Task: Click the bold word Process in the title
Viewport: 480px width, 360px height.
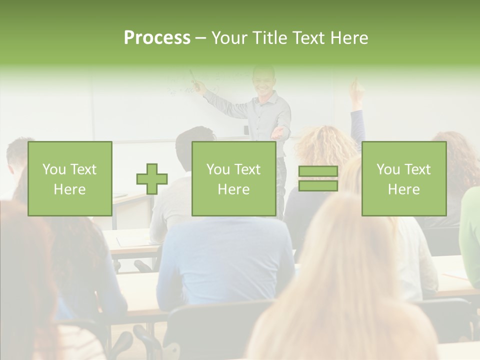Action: click(x=157, y=38)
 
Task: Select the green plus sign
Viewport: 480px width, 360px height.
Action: click(x=152, y=179)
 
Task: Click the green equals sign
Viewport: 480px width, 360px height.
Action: click(x=318, y=178)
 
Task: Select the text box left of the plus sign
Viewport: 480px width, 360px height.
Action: click(x=70, y=179)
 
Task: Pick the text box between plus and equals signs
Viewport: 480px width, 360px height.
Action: click(x=234, y=179)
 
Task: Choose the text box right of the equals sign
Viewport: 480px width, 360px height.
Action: click(x=404, y=179)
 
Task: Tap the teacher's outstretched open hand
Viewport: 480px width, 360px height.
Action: click(x=279, y=133)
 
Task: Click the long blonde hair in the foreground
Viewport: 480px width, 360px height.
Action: click(x=340, y=280)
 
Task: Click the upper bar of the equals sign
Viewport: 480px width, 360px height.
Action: click(x=318, y=171)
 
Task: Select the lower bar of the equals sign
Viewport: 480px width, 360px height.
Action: click(x=318, y=185)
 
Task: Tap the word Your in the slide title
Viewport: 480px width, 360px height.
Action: click(x=230, y=38)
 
